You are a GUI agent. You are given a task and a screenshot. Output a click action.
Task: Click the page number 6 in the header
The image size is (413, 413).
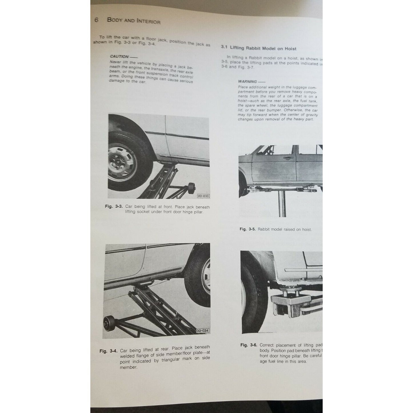coord(96,20)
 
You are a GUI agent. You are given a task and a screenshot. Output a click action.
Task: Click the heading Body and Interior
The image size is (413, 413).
coord(133,21)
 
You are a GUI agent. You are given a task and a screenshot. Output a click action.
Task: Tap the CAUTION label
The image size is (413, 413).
coord(119,57)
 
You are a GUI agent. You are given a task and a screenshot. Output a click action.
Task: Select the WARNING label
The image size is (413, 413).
coord(248,81)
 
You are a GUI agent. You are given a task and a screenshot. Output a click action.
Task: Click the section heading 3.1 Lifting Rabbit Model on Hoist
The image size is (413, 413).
coord(259,48)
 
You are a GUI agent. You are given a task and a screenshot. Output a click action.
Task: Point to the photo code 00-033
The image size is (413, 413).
coord(203,196)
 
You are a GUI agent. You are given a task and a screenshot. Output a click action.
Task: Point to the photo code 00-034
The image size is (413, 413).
coord(202,331)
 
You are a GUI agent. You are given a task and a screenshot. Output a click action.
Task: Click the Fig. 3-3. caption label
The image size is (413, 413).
coord(113,207)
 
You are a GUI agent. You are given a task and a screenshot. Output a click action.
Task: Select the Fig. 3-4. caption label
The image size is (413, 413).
coord(108,351)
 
